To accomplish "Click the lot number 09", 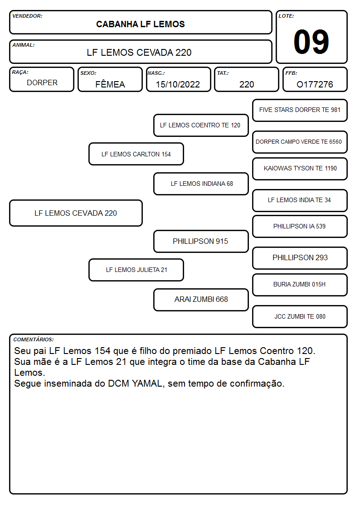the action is click(311, 42).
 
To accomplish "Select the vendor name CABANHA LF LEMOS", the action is click(140, 24).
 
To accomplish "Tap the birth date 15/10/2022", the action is click(178, 84).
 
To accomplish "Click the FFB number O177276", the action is click(315, 84).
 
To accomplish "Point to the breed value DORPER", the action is click(42, 83).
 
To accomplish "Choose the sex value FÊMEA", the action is click(110, 84).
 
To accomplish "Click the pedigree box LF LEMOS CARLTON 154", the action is click(136, 154).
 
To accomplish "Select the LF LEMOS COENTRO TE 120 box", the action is click(201, 125).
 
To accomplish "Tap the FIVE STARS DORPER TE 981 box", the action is click(300, 111).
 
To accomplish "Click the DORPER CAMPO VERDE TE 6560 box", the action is click(300, 142).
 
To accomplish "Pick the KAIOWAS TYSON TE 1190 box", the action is click(300, 169).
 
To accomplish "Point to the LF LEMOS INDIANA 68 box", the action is click(201, 184).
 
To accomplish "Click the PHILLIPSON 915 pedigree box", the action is click(201, 242).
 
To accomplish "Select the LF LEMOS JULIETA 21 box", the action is click(136, 270).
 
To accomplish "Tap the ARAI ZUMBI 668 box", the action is click(201, 300).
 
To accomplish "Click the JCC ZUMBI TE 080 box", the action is click(300, 316).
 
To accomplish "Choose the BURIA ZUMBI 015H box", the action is click(300, 285).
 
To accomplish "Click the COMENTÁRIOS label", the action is click(34, 339).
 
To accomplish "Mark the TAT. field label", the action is click(223, 73).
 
